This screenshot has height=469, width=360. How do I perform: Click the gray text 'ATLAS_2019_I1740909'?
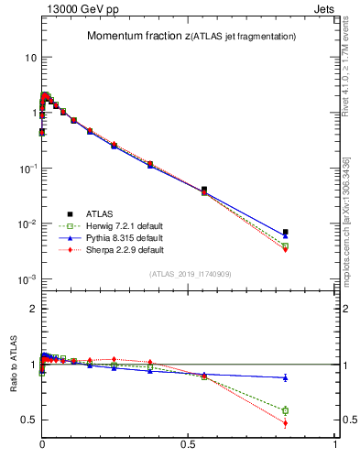point(189,274)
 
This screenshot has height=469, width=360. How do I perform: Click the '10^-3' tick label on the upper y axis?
point(26,279)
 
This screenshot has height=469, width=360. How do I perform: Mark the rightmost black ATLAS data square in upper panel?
point(286,233)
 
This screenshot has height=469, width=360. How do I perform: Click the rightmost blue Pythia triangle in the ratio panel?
point(286,377)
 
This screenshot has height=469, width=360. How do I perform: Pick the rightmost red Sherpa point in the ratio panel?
point(286,423)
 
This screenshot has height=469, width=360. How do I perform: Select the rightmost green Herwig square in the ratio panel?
point(286,410)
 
